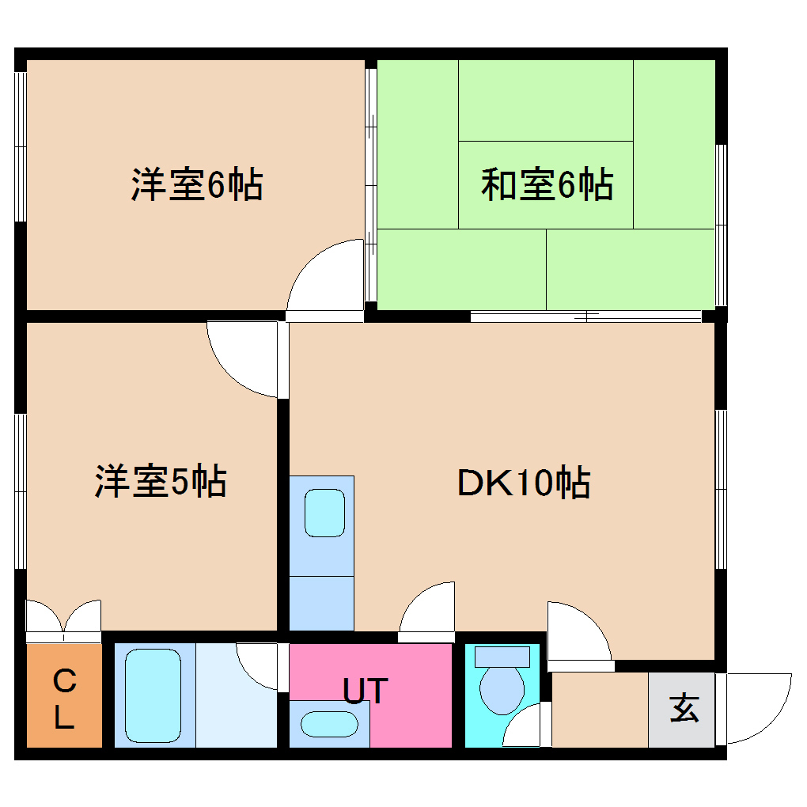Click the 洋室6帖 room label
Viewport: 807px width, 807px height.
196,185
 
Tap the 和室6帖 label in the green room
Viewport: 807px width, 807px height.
547,185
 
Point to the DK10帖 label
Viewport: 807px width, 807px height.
523,483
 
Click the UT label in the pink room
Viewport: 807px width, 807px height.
366,691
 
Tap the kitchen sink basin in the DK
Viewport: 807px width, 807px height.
324,513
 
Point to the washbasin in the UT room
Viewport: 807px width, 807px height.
328,724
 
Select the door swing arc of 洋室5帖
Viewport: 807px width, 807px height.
241,360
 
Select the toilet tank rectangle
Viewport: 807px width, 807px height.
502,656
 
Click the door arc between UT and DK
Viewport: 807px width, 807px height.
427,609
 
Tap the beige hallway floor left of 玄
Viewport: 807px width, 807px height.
599,709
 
